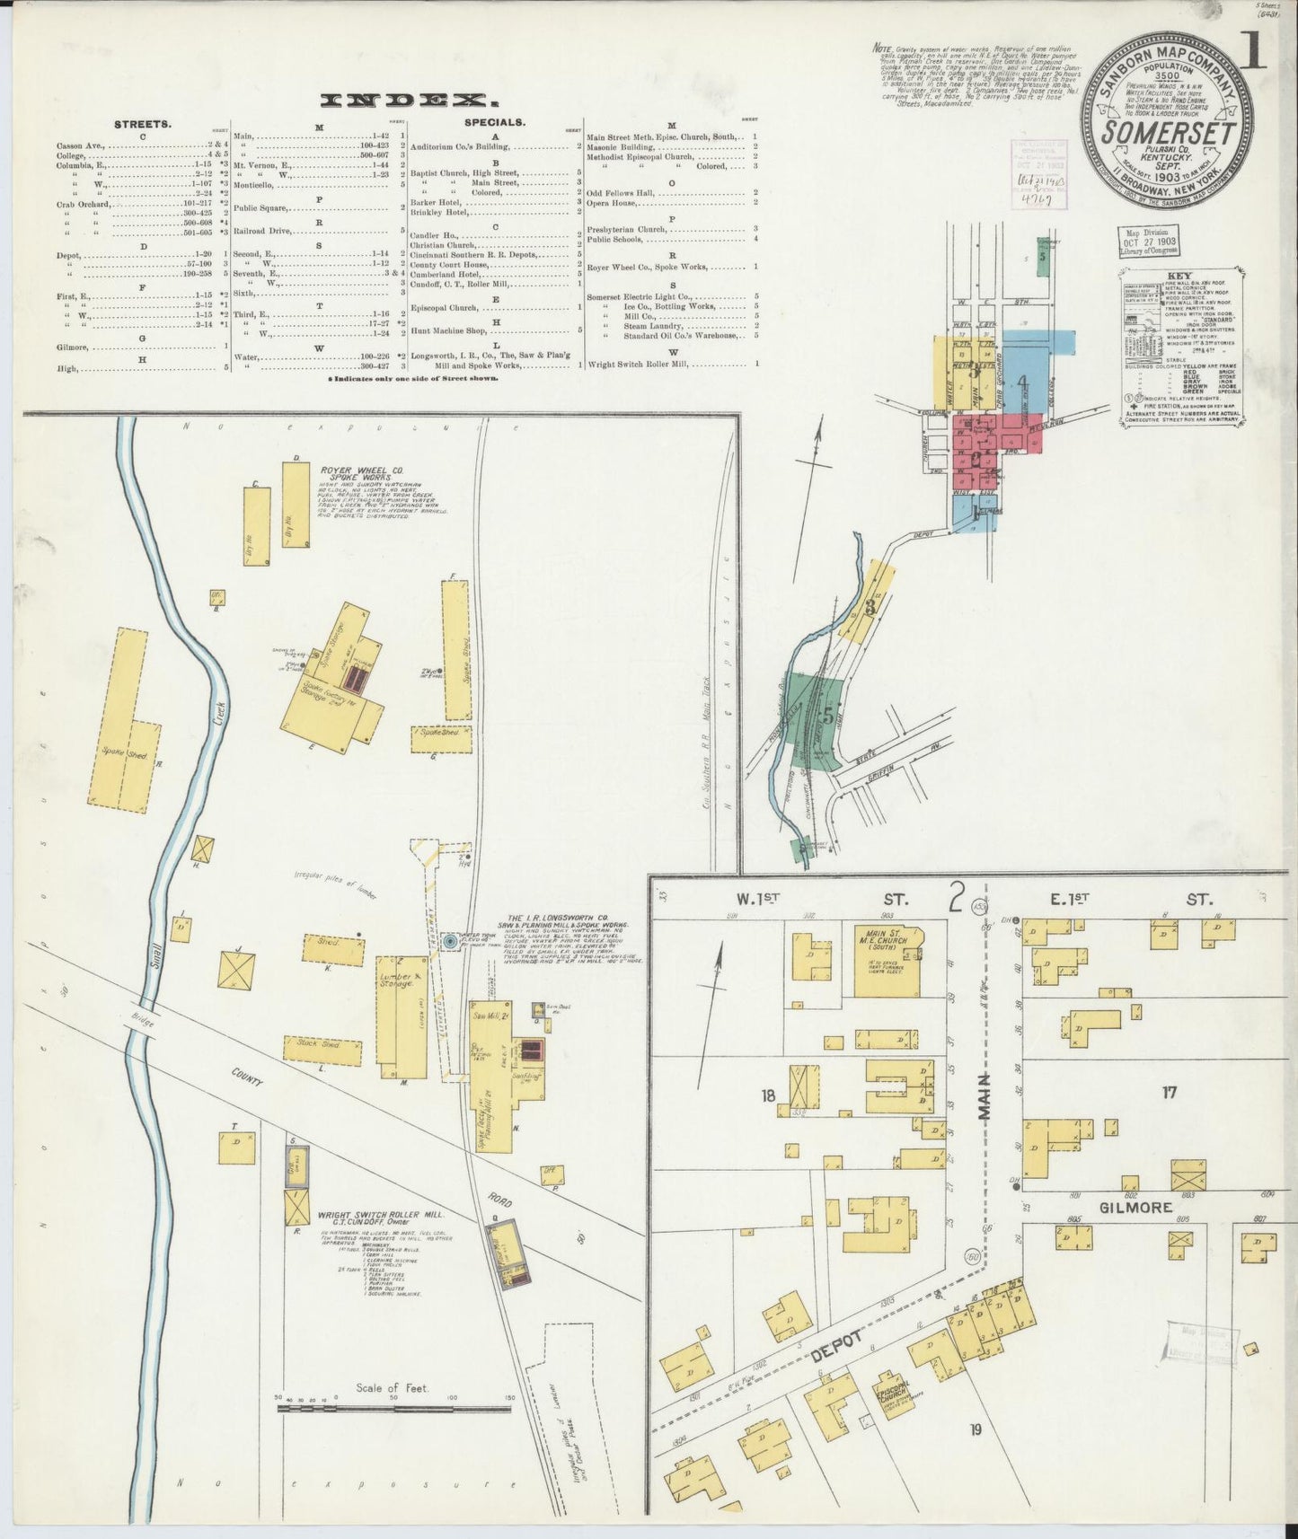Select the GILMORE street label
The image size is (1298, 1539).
click(x=1135, y=1208)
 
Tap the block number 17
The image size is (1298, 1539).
click(x=1169, y=1093)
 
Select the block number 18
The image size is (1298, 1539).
click(x=768, y=1095)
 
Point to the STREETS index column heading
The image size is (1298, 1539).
click(x=143, y=124)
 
